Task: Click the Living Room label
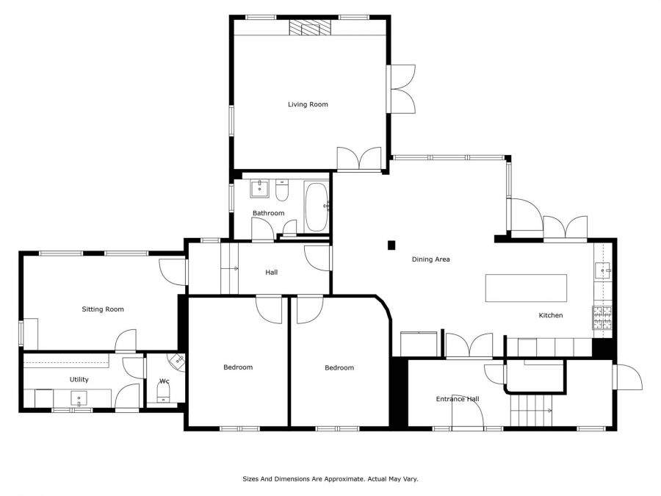(308, 104)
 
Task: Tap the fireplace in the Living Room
(310, 27)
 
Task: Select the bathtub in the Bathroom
(317, 206)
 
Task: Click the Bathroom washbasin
(260, 189)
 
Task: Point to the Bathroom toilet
(281, 190)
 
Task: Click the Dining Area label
(431, 259)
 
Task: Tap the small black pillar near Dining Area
(391, 245)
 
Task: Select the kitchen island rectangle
(526, 288)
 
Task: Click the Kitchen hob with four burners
(602, 317)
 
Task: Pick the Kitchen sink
(603, 270)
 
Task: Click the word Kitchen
(551, 315)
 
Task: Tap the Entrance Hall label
(458, 399)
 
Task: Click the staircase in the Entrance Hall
(531, 410)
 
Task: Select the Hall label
(272, 273)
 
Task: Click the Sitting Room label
(103, 309)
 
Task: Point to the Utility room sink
(79, 398)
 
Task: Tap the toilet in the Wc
(163, 395)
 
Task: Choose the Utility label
(79, 380)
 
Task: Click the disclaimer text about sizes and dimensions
(330, 479)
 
